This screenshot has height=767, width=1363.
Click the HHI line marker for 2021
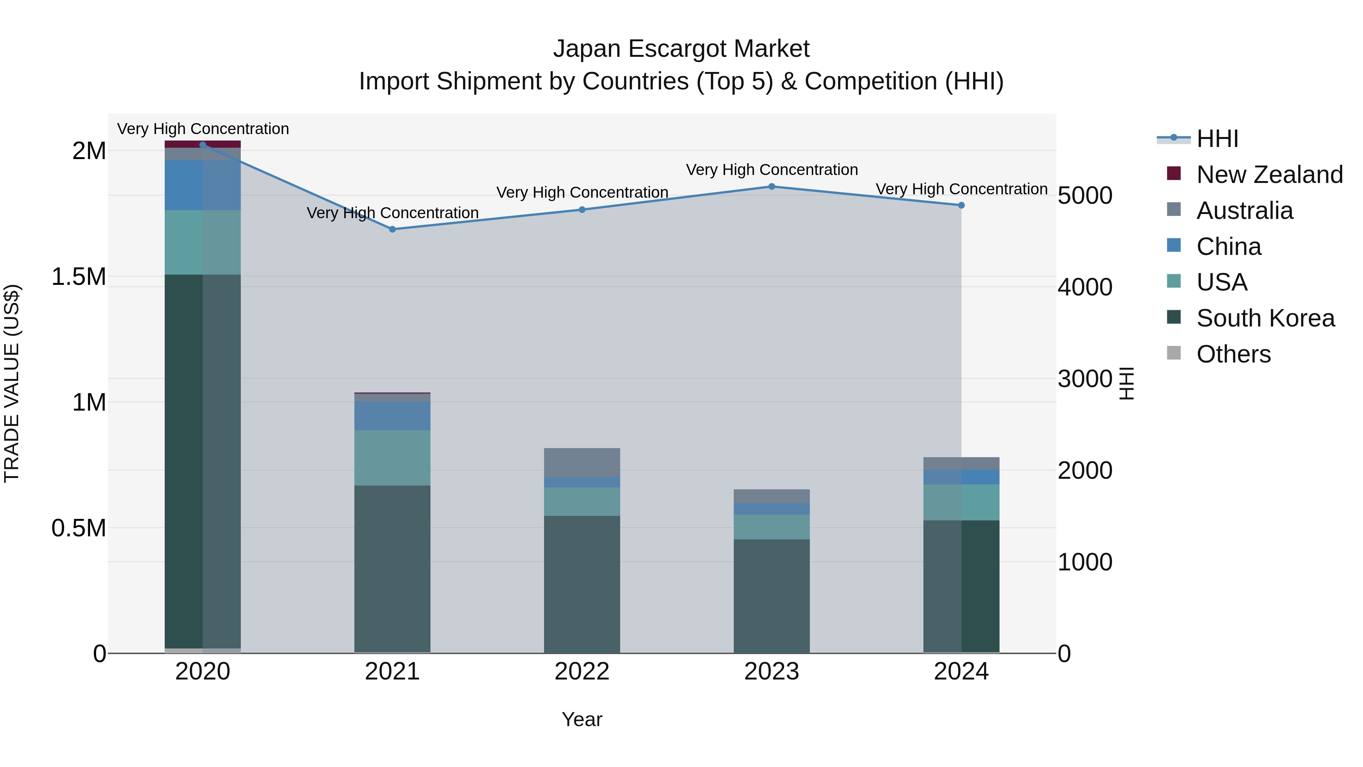392,229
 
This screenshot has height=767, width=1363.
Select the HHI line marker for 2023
772,186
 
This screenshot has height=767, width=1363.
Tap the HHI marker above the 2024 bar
961,205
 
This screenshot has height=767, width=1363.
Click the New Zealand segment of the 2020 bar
202,144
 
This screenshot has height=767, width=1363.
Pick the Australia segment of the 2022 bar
582,462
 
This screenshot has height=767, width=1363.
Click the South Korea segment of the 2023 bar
772,595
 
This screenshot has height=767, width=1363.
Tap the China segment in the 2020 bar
202,185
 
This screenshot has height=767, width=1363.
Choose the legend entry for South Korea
1265,318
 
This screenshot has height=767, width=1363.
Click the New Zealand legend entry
1269,175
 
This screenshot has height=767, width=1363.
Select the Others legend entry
1233,354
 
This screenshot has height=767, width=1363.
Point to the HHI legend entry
1217,139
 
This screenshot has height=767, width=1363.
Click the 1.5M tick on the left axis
79,277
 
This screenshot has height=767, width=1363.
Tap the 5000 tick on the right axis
1085,196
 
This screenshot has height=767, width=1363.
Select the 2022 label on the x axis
582,671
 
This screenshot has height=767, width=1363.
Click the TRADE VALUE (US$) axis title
12,383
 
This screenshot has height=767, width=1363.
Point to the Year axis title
582,719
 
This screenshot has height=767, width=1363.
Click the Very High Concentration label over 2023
772,170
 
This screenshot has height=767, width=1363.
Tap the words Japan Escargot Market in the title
681,49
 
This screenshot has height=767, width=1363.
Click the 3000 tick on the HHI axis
1085,379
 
